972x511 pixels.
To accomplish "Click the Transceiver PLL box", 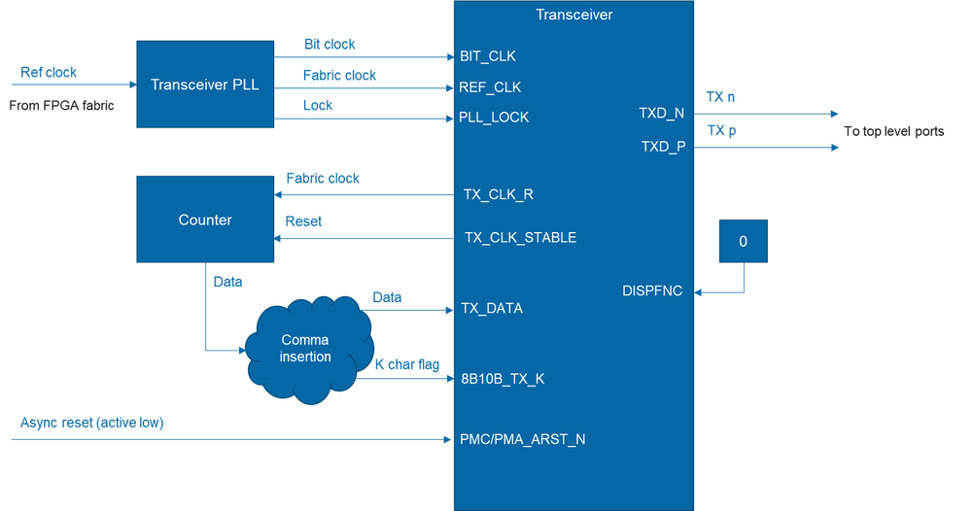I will coord(205,85).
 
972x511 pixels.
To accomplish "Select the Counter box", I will coord(205,220).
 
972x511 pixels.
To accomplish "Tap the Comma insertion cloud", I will coord(305,349).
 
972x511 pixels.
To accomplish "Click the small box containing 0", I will coord(744,241).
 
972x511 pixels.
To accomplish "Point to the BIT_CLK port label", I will coord(488,56).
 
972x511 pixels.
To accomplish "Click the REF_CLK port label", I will coord(491,87).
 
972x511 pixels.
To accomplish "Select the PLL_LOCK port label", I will coord(495,118).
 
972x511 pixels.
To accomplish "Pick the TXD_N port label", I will coord(661,113).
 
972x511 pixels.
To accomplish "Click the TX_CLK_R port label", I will coord(498,194).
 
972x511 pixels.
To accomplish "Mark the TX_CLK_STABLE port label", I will coord(520,238).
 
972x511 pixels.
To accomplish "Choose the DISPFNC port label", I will coord(653,290).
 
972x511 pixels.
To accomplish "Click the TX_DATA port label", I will coord(492,309).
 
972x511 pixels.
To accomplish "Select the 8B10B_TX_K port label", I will coord(503,379).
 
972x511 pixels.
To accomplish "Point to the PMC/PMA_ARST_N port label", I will coord(522,439).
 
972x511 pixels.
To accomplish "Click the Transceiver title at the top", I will coord(573,14).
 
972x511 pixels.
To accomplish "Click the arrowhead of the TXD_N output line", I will coord(834,114).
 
